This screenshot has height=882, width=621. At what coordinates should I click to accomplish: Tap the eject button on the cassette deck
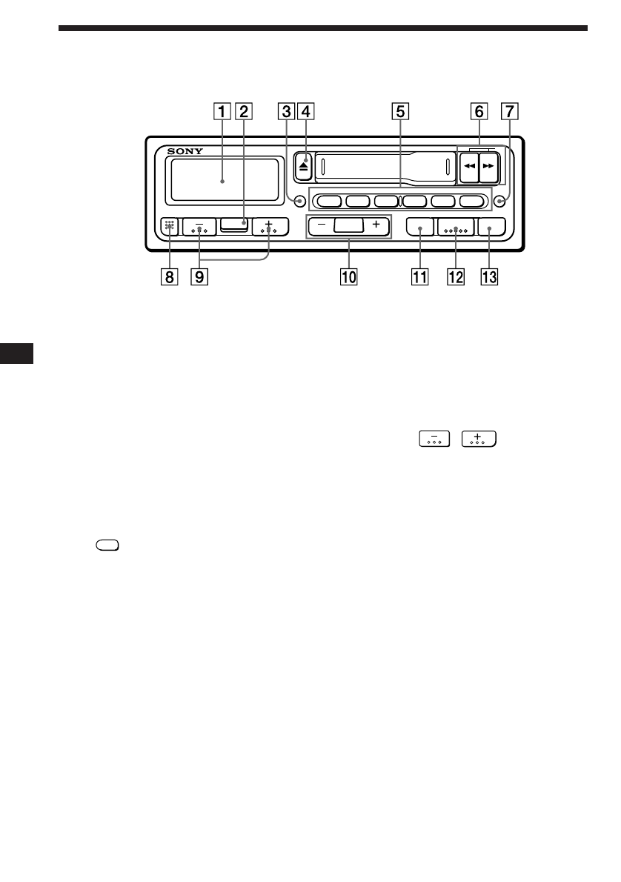tap(304, 166)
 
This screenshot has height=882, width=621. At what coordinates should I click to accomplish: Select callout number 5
tap(399, 113)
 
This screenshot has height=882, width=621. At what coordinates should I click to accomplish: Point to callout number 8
tap(170, 278)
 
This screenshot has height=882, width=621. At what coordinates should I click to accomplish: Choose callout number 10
tap(348, 278)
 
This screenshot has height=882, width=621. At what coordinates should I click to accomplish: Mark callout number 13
tap(488, 278)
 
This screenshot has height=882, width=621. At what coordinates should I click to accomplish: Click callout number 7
tap(508, 113)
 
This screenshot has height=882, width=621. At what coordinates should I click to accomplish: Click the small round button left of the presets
tap(299, 200)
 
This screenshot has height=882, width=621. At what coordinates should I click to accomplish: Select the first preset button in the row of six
tap(328, 200)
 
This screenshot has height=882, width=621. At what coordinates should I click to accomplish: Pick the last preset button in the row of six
tap(471, 200)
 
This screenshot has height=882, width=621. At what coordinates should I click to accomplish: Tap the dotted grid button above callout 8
tap(170, 228)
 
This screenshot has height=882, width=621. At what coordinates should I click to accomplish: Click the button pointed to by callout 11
tap(419, 228)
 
